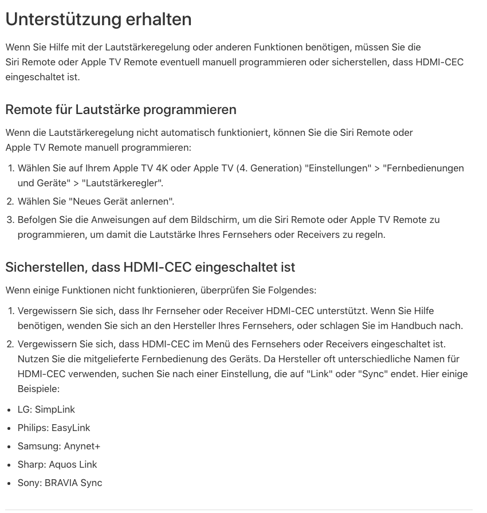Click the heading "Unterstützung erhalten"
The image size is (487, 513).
tap(99, 19)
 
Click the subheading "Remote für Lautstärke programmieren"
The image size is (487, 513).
tap(120, 109)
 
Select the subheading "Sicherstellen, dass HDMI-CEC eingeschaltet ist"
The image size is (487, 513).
tap(150, 267)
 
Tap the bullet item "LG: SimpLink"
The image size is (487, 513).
tap(46, 409)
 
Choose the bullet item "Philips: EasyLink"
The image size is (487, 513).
tap(53, 428)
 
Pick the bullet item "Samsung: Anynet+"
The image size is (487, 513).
tap(58, 446)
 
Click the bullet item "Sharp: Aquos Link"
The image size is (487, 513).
tap(57, 464)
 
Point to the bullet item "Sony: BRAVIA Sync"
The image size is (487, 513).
tap(60, 483)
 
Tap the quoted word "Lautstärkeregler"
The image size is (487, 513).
tap(123, 183)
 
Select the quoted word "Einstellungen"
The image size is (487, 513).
tap(338, 168)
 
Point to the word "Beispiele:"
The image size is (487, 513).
tap(38, 389)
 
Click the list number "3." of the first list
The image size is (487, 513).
tap(10, 220)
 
